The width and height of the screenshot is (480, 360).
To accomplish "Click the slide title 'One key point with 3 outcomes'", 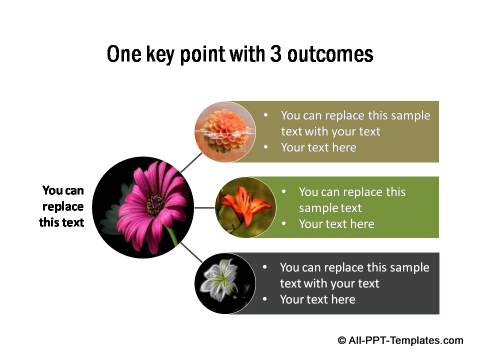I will point(240,54).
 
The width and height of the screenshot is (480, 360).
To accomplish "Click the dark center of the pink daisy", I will point(156,204).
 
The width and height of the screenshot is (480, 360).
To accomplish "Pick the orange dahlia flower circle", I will point(225,131).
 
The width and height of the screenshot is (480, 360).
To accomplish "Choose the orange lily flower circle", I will point(246,208).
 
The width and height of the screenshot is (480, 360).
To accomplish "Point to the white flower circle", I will point(225,283).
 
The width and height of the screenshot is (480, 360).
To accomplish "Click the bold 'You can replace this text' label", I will point(63,206).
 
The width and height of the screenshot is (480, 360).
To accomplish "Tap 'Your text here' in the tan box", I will point(318,148).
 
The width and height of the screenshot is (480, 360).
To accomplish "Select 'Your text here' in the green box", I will point(336,224).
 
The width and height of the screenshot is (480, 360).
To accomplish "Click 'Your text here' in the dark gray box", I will point(317,299).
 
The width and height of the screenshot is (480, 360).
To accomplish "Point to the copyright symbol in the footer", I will point(343,340).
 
